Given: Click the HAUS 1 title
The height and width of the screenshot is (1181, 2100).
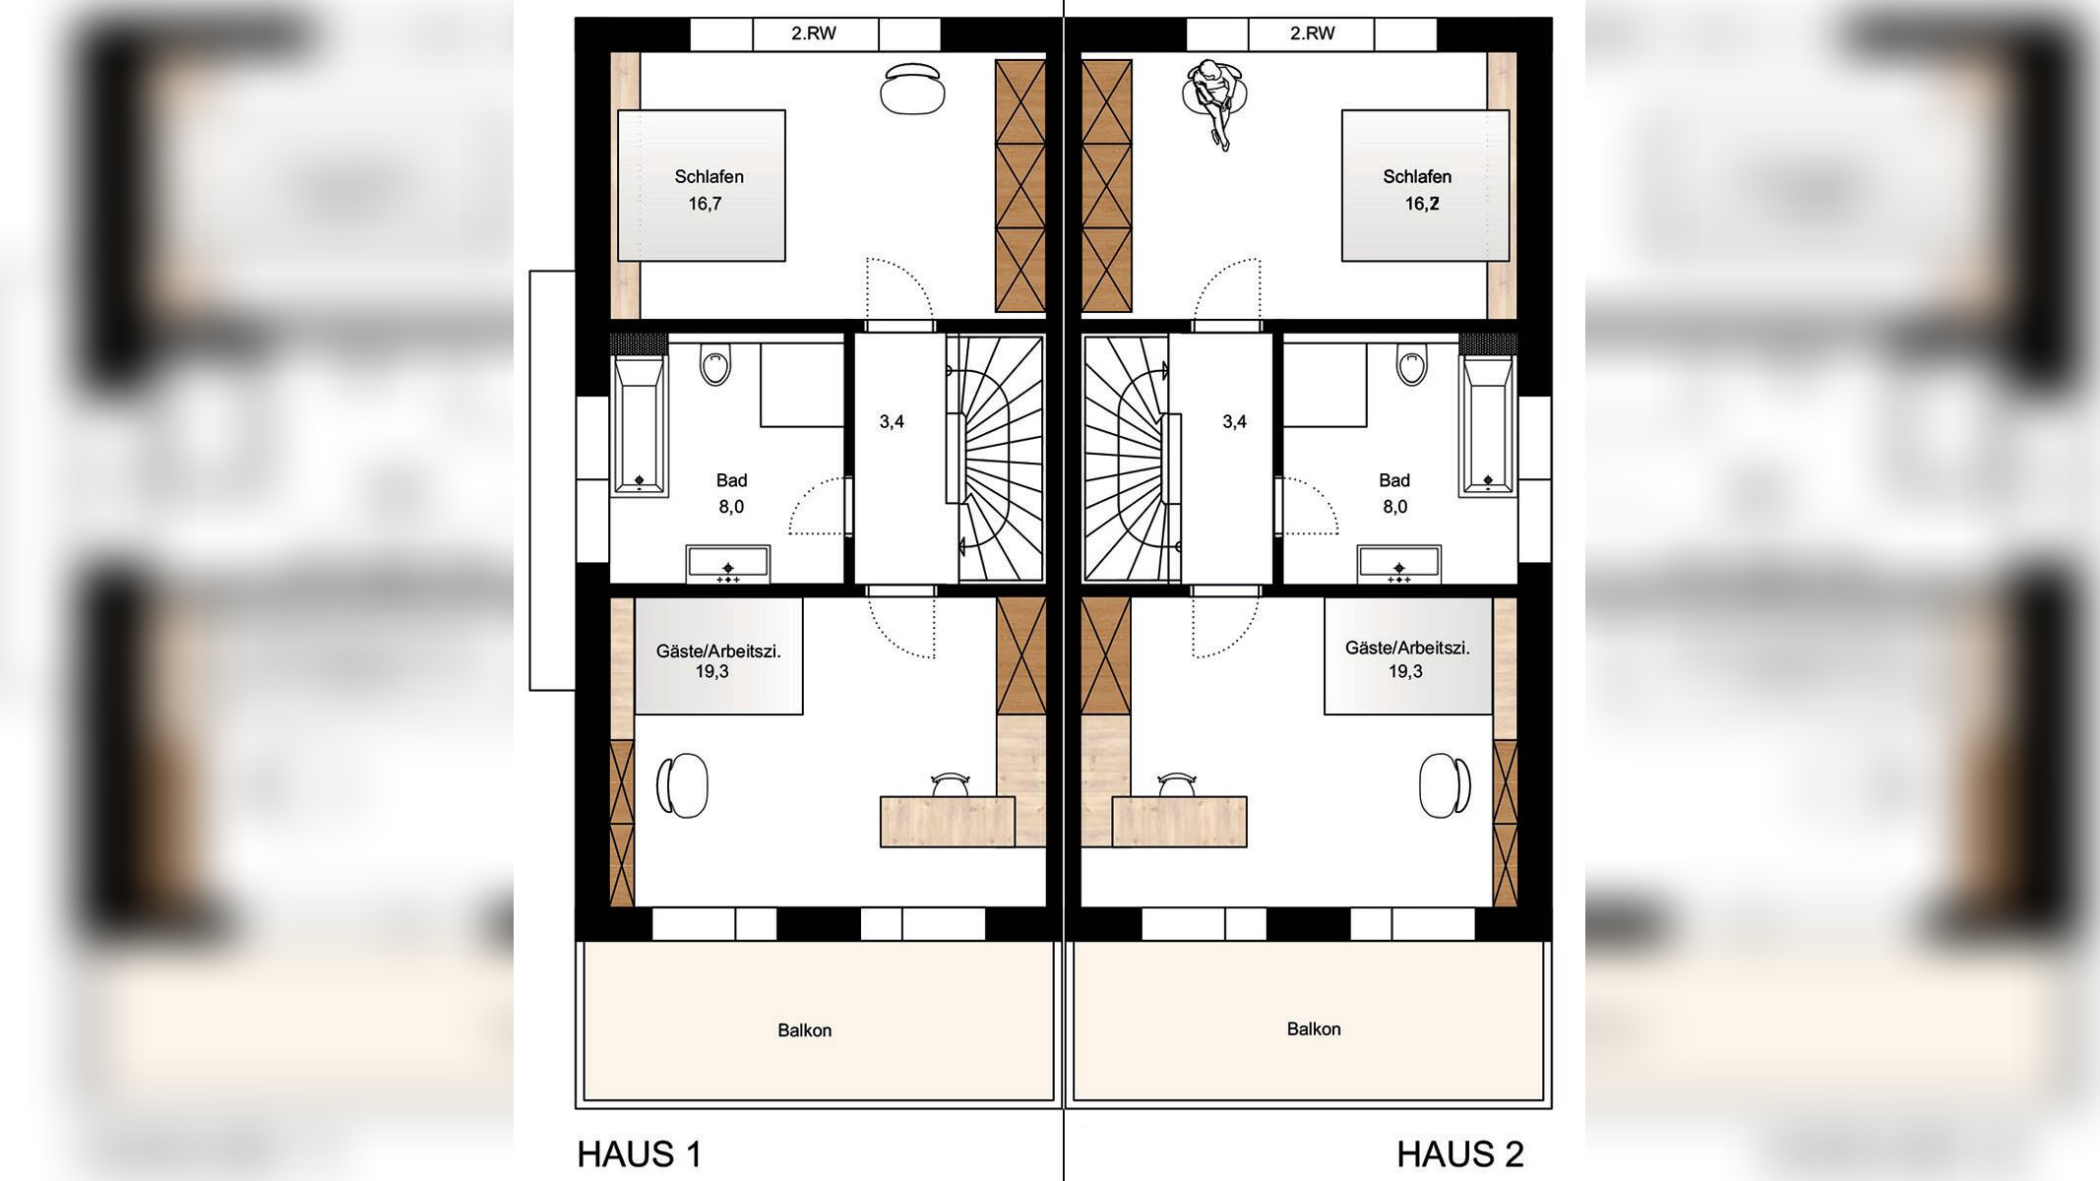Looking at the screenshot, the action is point(640,1153).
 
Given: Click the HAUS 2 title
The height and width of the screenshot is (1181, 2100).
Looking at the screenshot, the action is point(1460,1153).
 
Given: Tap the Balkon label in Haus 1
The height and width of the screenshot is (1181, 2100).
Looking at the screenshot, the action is point(805,1030).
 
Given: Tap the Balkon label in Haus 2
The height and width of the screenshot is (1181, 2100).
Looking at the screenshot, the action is point(1314,1028).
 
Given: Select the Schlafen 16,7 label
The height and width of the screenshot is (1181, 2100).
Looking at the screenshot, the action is point(709,190).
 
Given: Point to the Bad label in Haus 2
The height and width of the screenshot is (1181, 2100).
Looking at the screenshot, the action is point(1394,480).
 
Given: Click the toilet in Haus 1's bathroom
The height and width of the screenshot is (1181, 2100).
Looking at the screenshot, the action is point(715,363).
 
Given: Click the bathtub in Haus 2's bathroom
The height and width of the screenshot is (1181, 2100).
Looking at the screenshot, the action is point(1487,425).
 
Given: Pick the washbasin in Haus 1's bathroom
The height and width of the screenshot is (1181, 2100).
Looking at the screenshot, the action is point(728,564).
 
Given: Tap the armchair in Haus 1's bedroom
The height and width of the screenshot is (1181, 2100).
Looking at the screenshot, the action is point(912,90).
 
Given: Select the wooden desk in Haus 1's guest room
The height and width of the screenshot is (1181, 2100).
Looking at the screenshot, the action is point(947,822).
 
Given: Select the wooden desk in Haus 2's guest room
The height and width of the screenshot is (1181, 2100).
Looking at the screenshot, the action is point(1179,822).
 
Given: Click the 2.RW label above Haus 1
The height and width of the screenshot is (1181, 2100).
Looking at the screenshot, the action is point(814,33).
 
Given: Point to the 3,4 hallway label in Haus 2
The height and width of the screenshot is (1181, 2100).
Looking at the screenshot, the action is point(1234,421).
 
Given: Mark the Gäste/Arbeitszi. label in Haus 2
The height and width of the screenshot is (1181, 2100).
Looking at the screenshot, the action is point(1407,648).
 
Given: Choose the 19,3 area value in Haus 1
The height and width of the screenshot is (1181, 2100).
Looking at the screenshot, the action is point(711,671).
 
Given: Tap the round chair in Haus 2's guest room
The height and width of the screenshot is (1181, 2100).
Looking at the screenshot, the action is point(1445,785).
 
